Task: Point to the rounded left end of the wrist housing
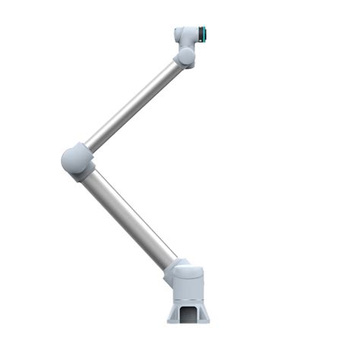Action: click(x=178, y=34)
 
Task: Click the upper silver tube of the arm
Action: click(x=133, y=106)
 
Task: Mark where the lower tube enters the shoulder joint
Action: click(x=169, y=264)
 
